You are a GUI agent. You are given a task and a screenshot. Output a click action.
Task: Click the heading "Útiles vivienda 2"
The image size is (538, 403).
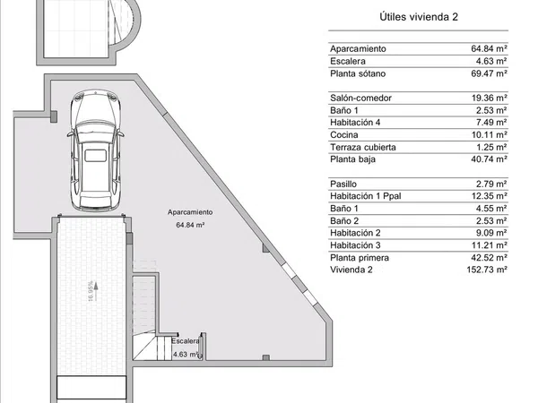(419, 17)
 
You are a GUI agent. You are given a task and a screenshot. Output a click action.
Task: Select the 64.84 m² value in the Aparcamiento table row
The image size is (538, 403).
(489, 48)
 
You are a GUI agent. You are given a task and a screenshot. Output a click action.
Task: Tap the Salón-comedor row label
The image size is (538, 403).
(360, 98)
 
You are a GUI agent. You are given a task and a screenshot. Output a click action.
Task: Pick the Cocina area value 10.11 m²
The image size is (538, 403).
(489, 134)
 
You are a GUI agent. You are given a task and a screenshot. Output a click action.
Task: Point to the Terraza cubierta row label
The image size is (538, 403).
(363, 147)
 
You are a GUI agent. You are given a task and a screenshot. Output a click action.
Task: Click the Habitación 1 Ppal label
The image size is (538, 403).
(366, 196)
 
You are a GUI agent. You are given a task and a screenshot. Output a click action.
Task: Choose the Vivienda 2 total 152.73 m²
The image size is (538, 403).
(487, 270)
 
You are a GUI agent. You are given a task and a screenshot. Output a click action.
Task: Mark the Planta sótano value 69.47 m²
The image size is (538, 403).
(489, 73)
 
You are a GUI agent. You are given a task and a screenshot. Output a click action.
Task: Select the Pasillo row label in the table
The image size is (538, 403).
(343, 184)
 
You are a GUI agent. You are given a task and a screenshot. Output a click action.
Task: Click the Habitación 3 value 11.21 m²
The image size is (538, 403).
(489, 245)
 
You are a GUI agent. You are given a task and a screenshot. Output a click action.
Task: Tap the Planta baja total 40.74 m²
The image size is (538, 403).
(489, 159)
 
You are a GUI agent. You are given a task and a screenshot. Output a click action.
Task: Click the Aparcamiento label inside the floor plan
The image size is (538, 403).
(190, 212)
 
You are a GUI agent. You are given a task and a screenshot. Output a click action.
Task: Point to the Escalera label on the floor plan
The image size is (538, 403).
(186, 341)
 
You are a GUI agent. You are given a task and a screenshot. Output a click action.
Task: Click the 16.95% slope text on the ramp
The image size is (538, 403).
(91, 291)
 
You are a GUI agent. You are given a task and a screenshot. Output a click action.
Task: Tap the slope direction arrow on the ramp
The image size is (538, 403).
(97, 291)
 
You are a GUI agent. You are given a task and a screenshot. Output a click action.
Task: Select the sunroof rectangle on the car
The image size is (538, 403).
(95, 155)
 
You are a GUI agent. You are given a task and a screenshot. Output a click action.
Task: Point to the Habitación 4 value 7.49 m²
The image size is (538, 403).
(491, 123)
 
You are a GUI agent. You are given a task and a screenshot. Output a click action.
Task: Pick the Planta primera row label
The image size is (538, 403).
(360, 258)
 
